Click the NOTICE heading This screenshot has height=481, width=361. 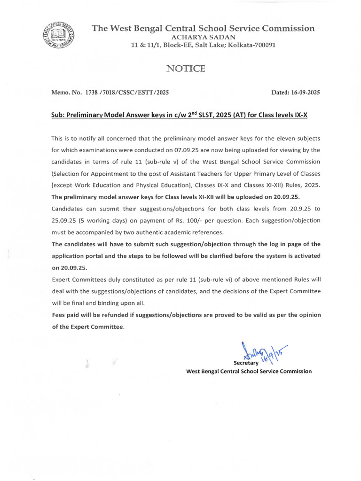tap(186, 69)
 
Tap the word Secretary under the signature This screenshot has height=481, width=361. tap(246, 363)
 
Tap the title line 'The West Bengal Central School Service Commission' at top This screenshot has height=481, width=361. tap(203, 28)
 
